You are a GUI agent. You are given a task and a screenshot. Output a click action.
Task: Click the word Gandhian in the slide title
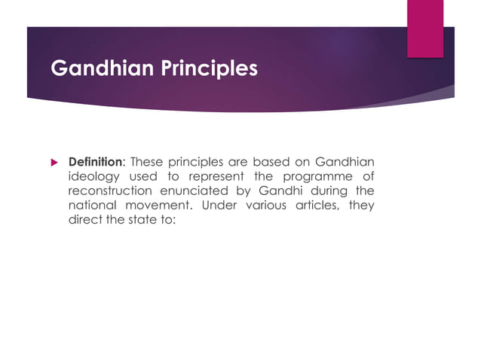[x=95, y=69]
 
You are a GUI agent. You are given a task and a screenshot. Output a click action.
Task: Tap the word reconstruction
[x=111, y=191]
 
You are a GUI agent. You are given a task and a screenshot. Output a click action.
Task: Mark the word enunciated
[x=198, y=191]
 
